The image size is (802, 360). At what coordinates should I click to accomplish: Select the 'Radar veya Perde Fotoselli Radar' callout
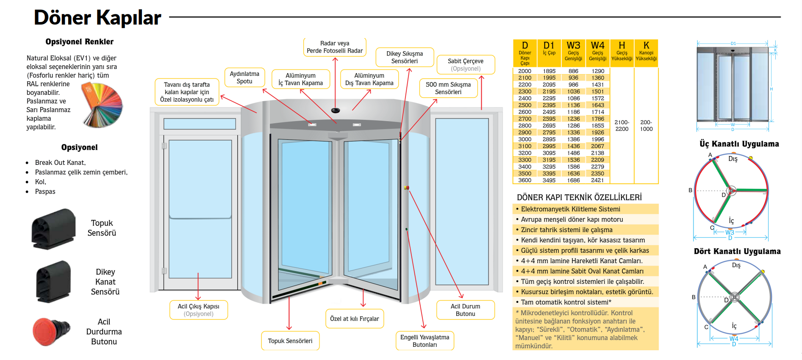point(335,47)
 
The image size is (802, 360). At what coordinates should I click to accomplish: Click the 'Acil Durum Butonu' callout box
point(465,310)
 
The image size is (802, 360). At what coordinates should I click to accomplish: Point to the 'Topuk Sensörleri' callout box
point(290,341)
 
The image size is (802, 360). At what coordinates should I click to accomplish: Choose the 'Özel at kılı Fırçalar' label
point(355,319)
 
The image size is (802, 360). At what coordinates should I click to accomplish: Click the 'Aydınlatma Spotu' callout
point(244,78)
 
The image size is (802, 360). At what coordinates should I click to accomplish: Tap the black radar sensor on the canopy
point(336,111)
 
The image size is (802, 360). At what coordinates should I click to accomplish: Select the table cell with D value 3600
point(524,180)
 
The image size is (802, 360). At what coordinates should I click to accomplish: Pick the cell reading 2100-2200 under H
point(622,126)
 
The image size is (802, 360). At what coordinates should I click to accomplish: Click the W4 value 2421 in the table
point(597,180)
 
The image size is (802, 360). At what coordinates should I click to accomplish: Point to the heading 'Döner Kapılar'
point(97,18)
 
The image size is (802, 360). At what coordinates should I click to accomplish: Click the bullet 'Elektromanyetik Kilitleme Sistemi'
point(570,209)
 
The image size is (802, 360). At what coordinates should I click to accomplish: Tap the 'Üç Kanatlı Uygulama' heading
point(739,144)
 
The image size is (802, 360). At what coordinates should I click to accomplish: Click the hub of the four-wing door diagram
point(735,297)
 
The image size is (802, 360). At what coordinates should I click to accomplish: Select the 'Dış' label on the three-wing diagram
point(733,159)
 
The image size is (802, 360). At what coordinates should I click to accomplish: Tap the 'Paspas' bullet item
point(45,191)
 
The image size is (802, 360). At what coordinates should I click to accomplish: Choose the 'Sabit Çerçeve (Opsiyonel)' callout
point(465,65)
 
